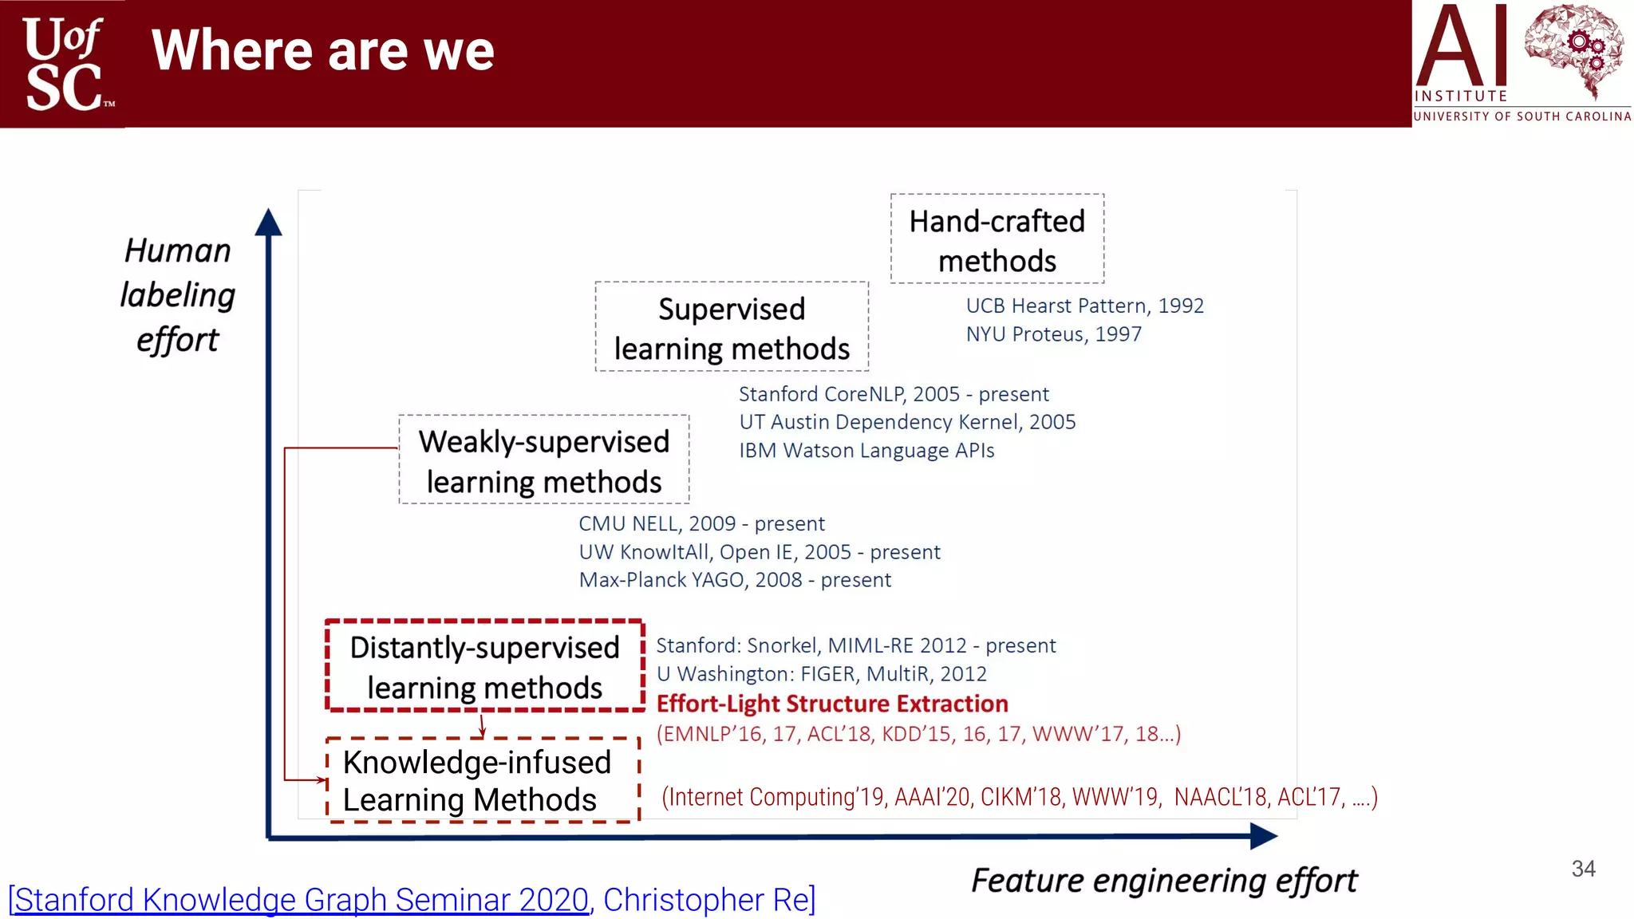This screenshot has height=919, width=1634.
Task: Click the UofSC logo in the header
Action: (64, 64)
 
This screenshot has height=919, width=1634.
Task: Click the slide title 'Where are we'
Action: (322, 51)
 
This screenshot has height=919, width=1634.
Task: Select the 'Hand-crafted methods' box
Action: (997, 239)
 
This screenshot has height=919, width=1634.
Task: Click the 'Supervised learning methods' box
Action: (731, 327)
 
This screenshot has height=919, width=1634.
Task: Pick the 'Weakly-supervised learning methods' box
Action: (543, 460)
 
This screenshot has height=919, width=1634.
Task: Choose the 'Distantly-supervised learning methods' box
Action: (484, 666)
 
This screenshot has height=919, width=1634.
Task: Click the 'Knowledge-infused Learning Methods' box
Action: (482, 780)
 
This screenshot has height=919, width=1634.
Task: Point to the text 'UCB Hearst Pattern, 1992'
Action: (1084, 306)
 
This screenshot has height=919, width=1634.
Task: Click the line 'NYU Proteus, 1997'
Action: (1053, 334)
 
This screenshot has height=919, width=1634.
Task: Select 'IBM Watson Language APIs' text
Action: (866, 451)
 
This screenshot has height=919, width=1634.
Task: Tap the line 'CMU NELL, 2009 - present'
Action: (701, 524)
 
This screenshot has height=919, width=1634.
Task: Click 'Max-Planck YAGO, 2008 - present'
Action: (734, 580)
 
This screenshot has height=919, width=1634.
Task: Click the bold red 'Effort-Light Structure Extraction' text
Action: (832, 704)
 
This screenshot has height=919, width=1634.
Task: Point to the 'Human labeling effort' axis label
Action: (178, 294)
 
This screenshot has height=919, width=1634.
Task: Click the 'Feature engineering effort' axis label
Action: (1164, 881)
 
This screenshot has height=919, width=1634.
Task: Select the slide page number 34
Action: (1583, 869)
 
